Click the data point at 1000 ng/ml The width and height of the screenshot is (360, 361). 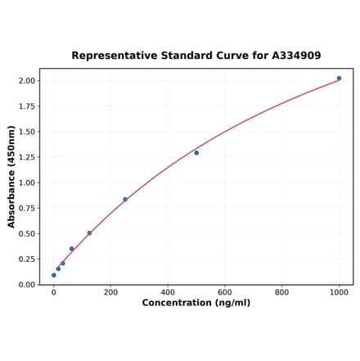(339, 79)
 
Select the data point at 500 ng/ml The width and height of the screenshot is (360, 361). (196, 153)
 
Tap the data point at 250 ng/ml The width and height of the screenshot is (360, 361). (125, 199)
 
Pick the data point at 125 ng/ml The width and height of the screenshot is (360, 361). (89, 233)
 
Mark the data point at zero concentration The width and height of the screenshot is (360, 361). (54, 275)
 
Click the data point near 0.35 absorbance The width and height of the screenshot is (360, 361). (72, 249)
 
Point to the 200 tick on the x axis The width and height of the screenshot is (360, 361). (110, 292)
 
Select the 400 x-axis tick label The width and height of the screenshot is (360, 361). (168, 292)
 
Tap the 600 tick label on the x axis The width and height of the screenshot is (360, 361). (225, 292)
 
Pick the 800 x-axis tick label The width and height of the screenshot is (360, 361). (281, 292)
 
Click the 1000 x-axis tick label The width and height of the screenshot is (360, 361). (339, 292)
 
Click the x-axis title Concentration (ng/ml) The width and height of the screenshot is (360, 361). (196, 304)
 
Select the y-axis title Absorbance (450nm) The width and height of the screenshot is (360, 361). (11, 177)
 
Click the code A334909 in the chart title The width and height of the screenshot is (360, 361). (293, 56)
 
